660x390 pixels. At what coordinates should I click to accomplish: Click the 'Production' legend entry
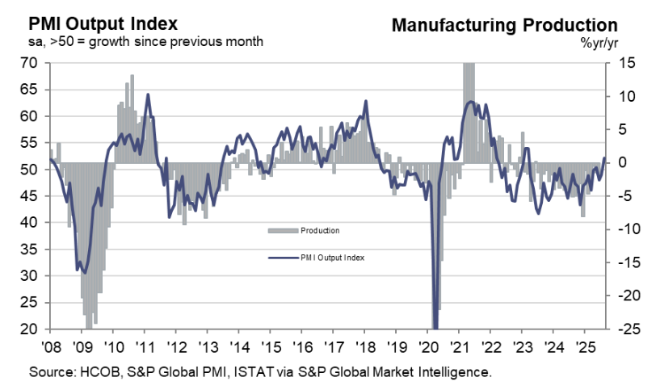pos(319,231)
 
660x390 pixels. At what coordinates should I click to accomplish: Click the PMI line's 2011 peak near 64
pos(147,94)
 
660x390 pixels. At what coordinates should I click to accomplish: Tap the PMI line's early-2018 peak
pos(366,101)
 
